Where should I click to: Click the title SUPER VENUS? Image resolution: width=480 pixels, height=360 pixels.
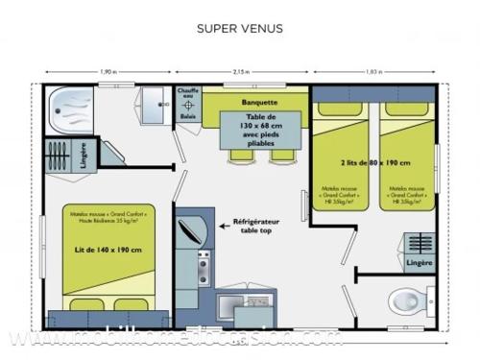click(240, 28)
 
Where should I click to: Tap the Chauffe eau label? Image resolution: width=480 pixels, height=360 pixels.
click(188, 96)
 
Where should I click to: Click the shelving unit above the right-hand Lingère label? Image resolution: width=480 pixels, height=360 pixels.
click(419, 242)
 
